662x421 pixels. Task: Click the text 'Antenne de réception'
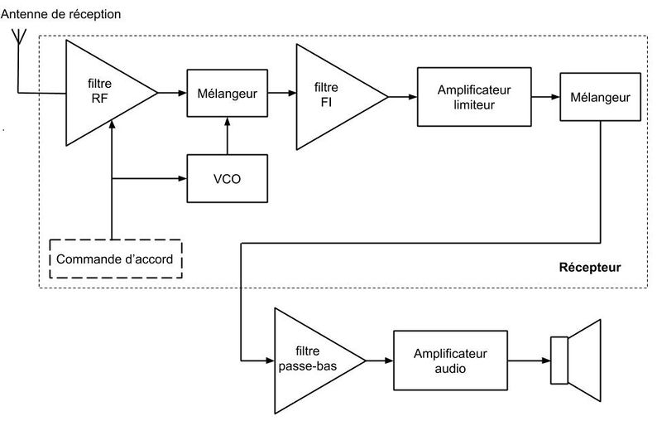tap(67, 14)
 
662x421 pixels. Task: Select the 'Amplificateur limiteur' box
tap(474, 98)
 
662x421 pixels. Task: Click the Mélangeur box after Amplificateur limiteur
tap(600, 98)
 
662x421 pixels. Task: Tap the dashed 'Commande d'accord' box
tap(115, 259)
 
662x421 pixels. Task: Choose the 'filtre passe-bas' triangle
tap(310, 361)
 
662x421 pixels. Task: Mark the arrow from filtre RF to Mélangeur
tap(172, 94)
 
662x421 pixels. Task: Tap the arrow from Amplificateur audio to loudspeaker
tap(530, 361)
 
